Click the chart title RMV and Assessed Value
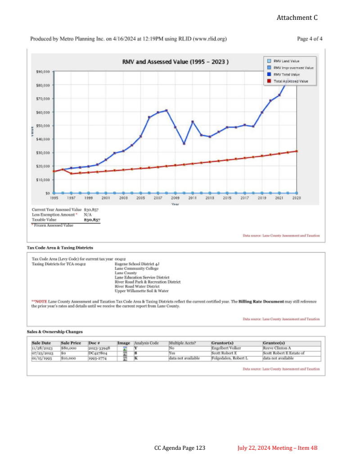pyautogui.click(x=175, y=62)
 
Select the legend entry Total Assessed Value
pyautogui.click(x=293, y=81)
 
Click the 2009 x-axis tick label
pyautogui.click(x=175, y=198)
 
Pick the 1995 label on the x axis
pyautogui.click(x=54, y=198)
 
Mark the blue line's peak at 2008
pyautogui.click(x=166, y=110)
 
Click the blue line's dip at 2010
pyautogui.click(x=184, y=144)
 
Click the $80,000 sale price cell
pyautogui.click(x=68, y=348)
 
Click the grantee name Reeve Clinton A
pyautogui.click(x=277, y=348)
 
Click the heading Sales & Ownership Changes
pyautogui.click(x=54, y=332)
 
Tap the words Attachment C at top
pyautogui.click(x=297, y=18)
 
